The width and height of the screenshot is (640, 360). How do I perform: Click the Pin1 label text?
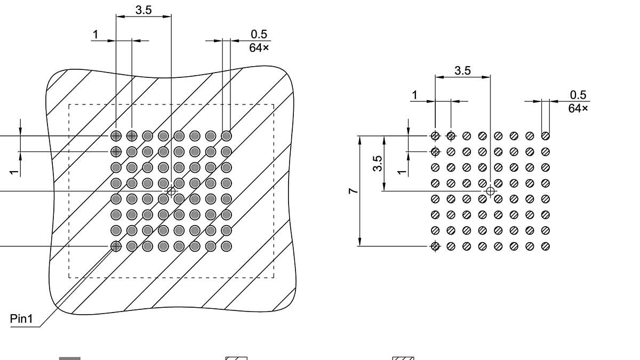click(x=21, y=319)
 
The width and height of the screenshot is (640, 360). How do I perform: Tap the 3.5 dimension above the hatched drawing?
click(x=143, y=10)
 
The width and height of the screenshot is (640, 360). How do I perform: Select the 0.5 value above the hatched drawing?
click(x=259, y=34)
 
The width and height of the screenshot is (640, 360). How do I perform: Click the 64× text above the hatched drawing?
click(x=259, y=47)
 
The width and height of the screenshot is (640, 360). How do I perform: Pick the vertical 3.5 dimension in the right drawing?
click(x=378, y=163)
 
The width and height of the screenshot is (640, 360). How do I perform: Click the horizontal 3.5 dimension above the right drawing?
click(x=462, y=70)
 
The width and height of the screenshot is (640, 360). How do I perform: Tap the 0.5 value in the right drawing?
click(x=578, y=95)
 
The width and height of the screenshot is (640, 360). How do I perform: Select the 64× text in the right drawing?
click(x=578, y=108)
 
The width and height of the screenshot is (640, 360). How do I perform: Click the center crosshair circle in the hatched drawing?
click(x=171, y=191)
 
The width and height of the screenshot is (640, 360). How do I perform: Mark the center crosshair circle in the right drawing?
click(x=490, y=191)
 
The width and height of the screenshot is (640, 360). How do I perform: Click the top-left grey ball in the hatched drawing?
click(x=116, y=135)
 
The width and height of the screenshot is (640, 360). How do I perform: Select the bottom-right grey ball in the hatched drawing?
click(x=227, y=246)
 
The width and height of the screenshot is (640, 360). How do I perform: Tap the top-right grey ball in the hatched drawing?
click(x=227, y=135)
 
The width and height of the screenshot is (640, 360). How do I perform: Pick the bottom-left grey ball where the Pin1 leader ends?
click(x=116, y=246)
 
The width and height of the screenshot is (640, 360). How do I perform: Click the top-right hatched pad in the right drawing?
click(x=546, y=136)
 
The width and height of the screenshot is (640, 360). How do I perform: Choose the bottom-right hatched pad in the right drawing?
click(x=546, y=246)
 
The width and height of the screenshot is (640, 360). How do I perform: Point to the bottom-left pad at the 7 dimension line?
click(x=435, y=246)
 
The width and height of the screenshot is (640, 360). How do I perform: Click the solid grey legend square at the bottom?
click(x=69, y=358)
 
